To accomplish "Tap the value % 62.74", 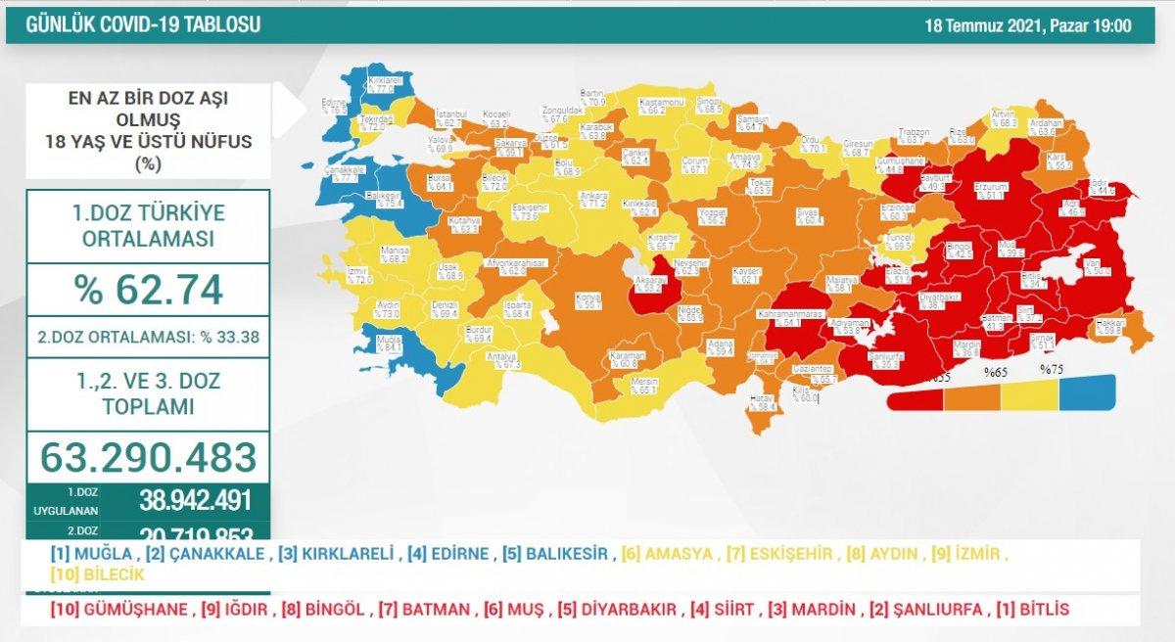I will (x=148, y=290).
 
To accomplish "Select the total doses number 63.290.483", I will (x=148, y=456).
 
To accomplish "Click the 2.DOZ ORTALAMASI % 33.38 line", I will (x=148, y=338).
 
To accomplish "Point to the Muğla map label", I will (x=389, y=341).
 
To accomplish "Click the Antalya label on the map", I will (x=504, y=359).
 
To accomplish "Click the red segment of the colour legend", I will (x=916, y=399).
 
